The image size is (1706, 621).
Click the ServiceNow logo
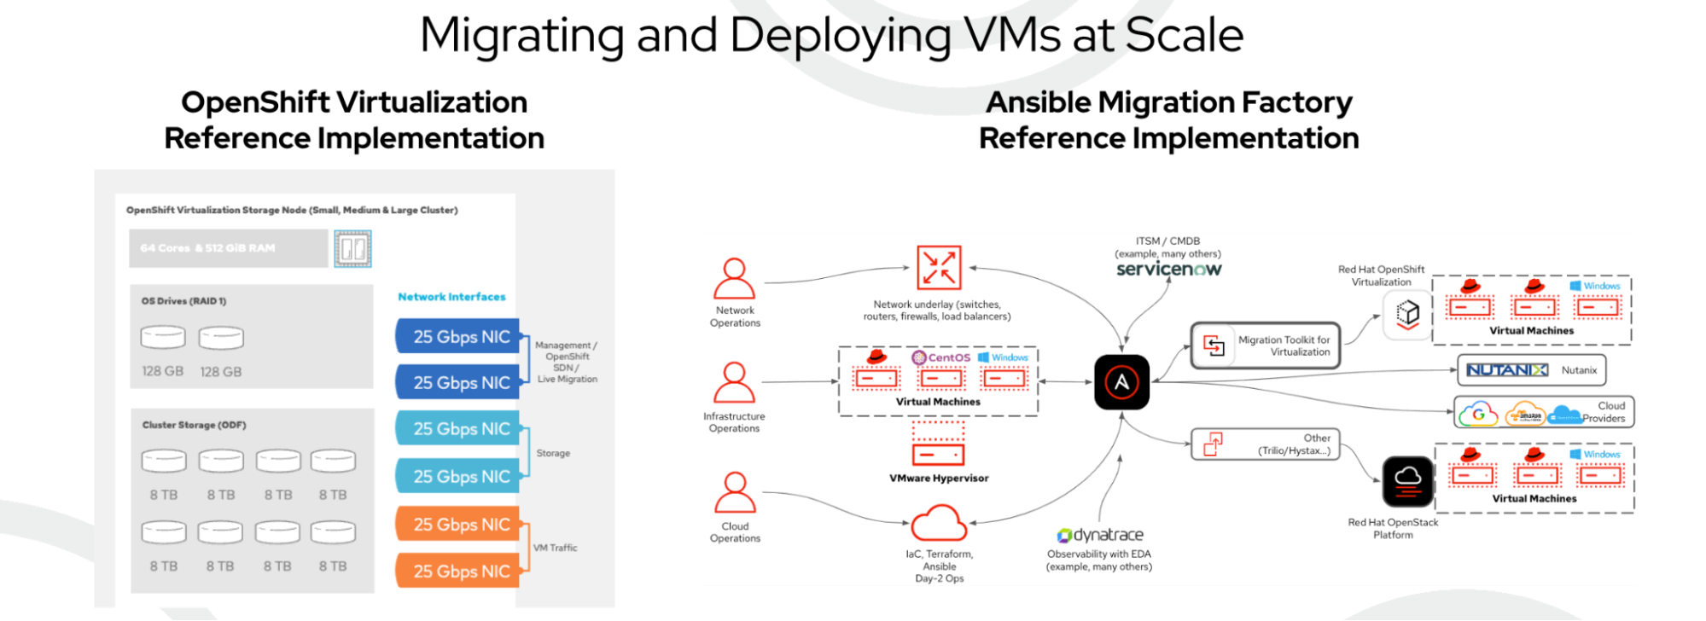pyautogui.click(x=1168, y=269)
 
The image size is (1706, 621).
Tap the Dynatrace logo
pyautogui.click(x=1100, y=535)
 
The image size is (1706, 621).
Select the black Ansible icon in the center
pyautogui.click(x=1121, y=382)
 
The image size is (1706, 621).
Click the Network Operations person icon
pyautogui.click(x=734, y=279)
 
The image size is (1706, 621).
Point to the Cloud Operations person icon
pyautogui.click(x=734, y=493)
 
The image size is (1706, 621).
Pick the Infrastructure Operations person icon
pyautogui.click(x=734, y=383)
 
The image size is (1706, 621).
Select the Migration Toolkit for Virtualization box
pyautogui.click(x=1265, y=345)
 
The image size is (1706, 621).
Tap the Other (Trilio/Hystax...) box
pyautogui.click(x=1265, y=444)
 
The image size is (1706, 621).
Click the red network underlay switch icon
pyautogui.click(x=939, y=268)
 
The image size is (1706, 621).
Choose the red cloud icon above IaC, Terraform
pyautogui.click(x=939, y=524)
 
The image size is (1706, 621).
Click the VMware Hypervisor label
pyautogui.click(x=939, y=479)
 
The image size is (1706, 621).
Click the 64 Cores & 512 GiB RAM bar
pyautogui.click(x=228, y=248)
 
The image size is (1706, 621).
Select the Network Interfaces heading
pyautogui.click(x=451, y=297)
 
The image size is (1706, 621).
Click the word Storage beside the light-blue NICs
pyautogui.click(x=553, y=453)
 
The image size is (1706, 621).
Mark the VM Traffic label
pyautogui.click(x=555, y=548)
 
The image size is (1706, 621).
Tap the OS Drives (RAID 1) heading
pyautogui.click(x=183, y=301)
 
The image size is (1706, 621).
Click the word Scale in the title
pyautogui.click(x=1184, y=36)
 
